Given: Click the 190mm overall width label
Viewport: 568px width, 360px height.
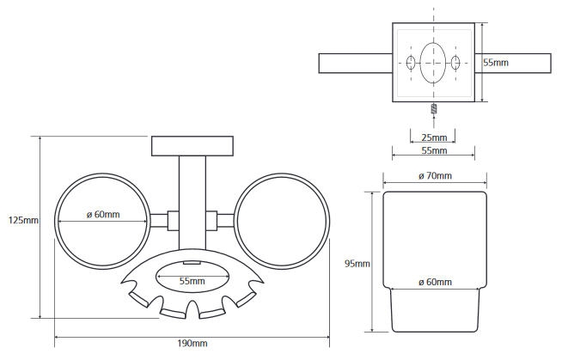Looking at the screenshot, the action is (192, 343).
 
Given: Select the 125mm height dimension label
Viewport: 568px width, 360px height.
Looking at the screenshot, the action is (23, 220).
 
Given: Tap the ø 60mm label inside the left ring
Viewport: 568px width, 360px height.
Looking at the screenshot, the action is (103, 215).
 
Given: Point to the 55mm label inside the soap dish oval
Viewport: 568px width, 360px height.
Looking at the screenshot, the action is (192, 281).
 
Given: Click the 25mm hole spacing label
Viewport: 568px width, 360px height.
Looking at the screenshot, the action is (434, 137).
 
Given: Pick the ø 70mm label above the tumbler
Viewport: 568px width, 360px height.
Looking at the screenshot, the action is (435, 176).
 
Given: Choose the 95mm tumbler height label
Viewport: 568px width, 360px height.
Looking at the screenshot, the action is (357, 264).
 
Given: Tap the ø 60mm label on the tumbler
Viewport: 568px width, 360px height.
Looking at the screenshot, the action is (435, 282).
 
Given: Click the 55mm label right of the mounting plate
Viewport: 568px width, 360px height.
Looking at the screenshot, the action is (496, 63).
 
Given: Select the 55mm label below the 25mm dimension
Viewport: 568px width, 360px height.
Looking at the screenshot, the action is (434, 150).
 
